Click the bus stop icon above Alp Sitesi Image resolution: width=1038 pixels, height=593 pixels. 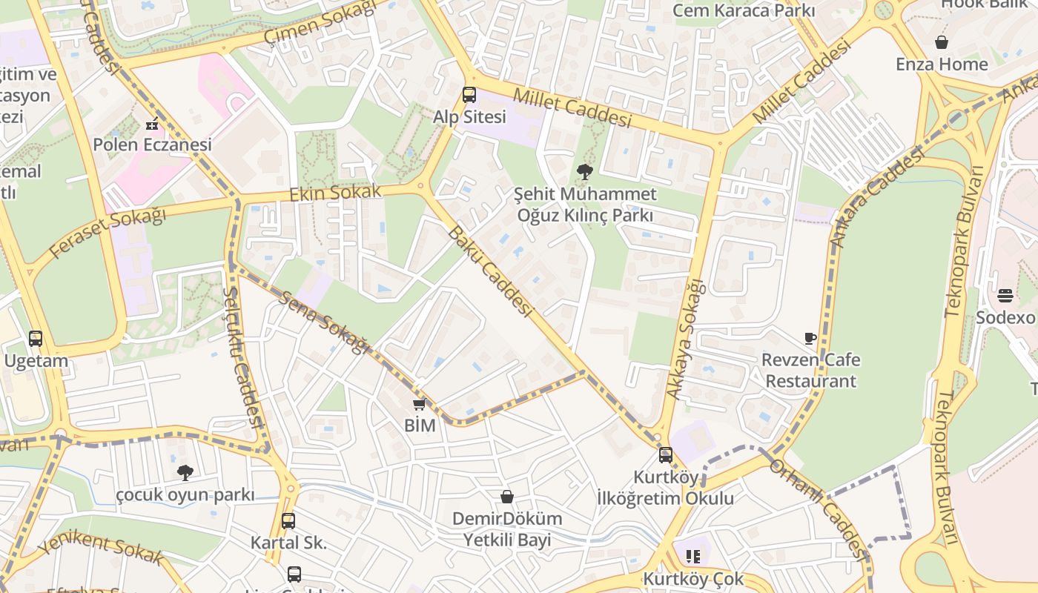(469, 95)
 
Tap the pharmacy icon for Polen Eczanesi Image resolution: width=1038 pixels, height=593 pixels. (152, 124)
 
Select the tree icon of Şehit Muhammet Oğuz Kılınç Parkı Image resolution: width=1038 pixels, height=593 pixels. (585, 173)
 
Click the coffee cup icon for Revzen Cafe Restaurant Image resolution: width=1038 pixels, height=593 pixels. (810, 339)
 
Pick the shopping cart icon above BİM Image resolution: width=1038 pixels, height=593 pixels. (419, 404)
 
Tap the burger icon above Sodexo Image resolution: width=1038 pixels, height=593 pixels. (1005, 296)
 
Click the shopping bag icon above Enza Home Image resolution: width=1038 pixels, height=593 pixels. (942, 42)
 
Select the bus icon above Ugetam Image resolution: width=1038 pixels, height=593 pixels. (36, 339)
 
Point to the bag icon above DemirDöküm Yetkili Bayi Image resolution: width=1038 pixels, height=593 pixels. (507, 497)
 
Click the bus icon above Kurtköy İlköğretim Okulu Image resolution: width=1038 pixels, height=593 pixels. (666, 455)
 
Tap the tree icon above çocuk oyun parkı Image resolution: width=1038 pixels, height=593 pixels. (185, 472)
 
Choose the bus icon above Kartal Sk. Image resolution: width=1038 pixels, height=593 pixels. (288, 521)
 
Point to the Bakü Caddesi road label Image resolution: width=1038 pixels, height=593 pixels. (489, 272)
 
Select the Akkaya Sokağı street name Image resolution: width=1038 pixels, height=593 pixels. (684, 339)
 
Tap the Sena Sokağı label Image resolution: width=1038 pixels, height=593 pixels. (323, 322)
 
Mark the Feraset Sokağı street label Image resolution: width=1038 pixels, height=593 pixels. (108, 233)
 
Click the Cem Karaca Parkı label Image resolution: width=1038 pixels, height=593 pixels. (744, 11)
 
